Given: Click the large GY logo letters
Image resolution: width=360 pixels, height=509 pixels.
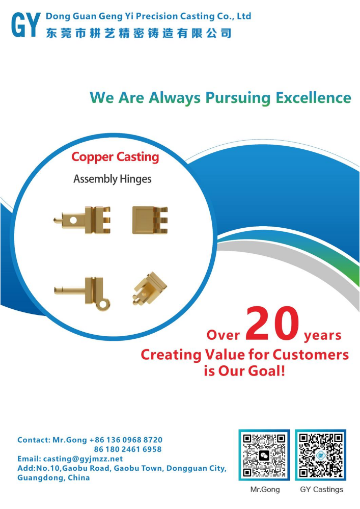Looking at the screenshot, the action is (26, 24).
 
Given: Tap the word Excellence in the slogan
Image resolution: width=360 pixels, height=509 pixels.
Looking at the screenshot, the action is (313, 98).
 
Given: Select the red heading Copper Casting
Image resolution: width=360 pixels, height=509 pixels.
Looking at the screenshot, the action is (115, 157).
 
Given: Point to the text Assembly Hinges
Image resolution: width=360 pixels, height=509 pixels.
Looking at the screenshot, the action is (112, 179).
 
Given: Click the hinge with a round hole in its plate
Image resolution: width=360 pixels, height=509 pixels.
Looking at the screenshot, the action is (82, 220).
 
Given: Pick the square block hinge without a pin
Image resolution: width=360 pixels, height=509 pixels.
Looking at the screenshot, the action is (150, 220).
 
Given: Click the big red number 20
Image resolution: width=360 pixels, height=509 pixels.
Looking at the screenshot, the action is (272, 324).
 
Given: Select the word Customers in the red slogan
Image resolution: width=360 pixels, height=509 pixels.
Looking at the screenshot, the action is (311, 355).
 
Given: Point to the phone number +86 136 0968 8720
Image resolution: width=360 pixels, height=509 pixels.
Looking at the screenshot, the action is (126, 440).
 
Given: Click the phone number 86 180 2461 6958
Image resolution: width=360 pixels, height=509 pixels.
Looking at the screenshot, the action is (128, 449).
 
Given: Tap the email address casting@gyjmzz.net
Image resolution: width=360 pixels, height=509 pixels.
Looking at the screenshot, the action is (83, 459).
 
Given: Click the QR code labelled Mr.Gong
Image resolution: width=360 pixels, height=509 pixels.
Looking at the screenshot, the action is (264, 455).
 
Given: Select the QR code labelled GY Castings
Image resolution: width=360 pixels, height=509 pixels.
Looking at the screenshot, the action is (321, 455).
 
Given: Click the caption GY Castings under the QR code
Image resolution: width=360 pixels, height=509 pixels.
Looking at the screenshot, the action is (321, 490).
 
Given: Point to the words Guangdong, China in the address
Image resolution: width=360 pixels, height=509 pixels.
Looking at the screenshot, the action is (53, 477).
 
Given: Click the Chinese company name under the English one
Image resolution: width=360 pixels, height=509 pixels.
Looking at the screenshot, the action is (139, 33).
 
